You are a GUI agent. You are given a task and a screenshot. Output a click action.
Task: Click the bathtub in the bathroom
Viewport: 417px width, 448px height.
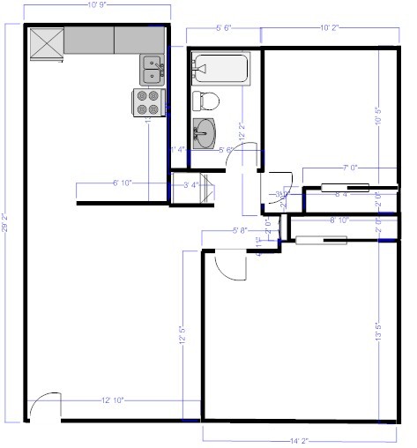[220, 70]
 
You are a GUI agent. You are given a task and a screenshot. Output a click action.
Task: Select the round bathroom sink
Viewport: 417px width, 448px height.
[205, 133]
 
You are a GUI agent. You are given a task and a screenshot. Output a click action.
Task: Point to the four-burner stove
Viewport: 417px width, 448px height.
[150, 102]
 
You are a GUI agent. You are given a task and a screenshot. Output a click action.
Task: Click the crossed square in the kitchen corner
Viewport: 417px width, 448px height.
[47, 43]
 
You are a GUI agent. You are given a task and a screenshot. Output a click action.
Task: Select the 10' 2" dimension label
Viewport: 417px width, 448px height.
[330, 29]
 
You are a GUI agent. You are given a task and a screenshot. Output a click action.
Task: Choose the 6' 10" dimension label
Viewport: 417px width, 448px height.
[123, 183]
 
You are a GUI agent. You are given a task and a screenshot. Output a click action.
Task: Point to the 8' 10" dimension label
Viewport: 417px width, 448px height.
[339, 220]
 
